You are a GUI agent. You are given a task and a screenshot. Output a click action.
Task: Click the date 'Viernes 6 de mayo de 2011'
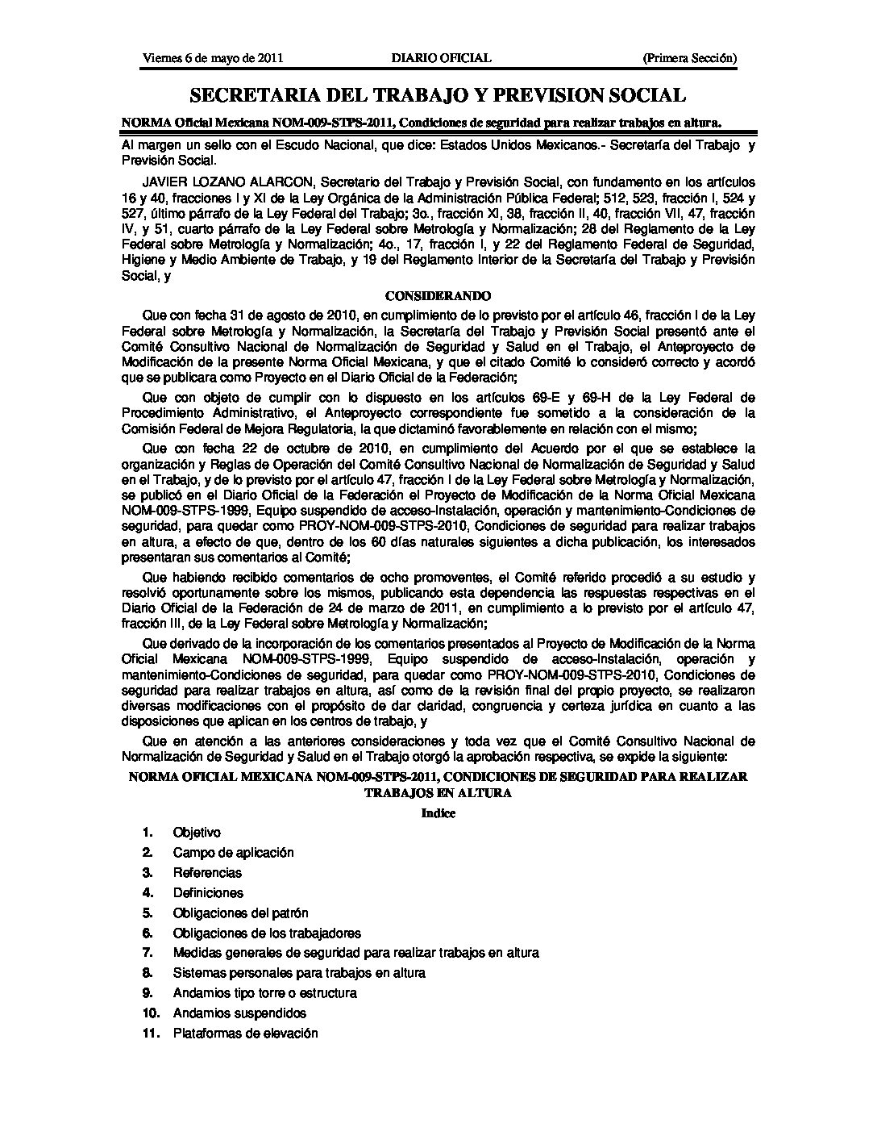[x=212, y=58]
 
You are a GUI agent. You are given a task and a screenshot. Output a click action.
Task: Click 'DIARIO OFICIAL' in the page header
[x=441, y=58]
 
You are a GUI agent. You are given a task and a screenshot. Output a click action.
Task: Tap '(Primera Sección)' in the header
[x=689, y=58]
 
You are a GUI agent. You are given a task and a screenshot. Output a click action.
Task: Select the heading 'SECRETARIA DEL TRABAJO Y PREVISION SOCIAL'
[x=438, y=96]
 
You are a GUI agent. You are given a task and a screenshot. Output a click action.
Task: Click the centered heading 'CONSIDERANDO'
[x=438, y=296]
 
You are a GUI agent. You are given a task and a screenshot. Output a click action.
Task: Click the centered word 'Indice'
[x=438, y=813]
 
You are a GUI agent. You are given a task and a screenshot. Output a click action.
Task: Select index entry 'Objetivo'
[x=197, y=833]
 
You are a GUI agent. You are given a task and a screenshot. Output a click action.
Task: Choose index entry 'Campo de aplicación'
[x=233, y=853]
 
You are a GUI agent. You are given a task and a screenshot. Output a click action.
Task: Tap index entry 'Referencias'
[x=207, y=873]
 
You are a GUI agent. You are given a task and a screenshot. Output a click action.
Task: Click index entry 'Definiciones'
[x=208, y=893]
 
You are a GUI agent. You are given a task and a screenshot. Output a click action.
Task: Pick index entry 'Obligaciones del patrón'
[x=240, y=913]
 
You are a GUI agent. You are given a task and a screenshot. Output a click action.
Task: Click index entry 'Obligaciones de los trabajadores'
[x=267, y=933]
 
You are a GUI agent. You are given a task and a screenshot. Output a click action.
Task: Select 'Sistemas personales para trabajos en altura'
[x=299, y=973]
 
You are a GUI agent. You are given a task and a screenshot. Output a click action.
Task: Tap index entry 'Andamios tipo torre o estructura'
[x=264, y=993]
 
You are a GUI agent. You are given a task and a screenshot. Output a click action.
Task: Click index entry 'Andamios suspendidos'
[x=239, y=1013]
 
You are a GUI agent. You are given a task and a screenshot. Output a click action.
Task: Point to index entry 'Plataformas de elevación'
[x=245, y=1034]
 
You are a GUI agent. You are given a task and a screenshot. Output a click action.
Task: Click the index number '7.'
[x=148, y=953]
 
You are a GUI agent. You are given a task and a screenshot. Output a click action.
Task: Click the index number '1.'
[x=148, y=833]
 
